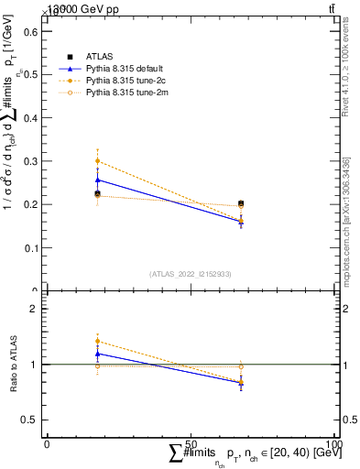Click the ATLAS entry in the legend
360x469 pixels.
(x=99, y=57)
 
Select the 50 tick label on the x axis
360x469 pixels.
(x=191, y=443)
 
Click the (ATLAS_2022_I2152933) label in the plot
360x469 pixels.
(x=191, y=273)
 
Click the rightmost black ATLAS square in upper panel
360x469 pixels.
(x=241, y=203)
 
